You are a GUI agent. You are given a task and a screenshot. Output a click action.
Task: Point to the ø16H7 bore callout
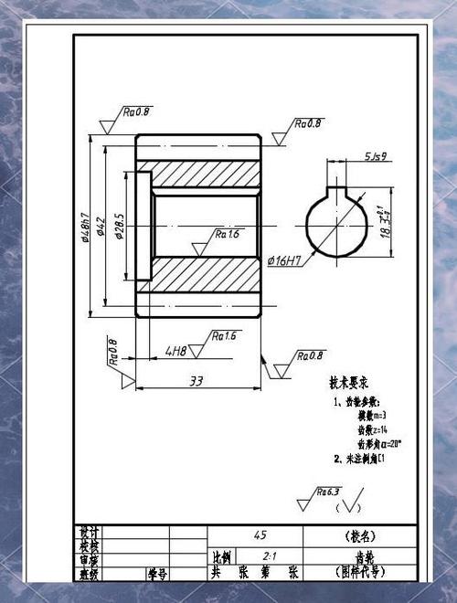pyautogui.click(x=284, y=261)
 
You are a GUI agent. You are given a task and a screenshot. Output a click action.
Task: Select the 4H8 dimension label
pyautogui.click(x=175, y=350)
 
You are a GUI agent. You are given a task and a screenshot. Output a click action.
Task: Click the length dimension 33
pyautogui.click(x=195, y=380)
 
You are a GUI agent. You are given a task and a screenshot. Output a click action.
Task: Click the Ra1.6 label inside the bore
pyautogui.click(x=227, y=235)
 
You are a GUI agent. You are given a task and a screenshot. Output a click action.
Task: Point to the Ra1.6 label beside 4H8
pyautogui.click(x=224, y=336)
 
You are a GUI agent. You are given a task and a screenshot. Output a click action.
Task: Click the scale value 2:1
pyautogui.click(x=270, y=555)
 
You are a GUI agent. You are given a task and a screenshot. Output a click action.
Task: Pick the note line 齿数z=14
pyautogui.click(x=373, y=428)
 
